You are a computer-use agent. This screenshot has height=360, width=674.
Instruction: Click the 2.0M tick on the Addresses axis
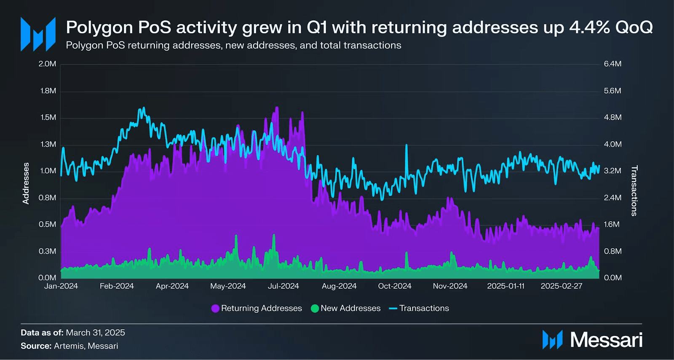point(47,64)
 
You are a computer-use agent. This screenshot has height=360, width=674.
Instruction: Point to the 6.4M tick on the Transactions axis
point(612,64)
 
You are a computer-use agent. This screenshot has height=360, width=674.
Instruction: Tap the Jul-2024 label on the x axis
point(283,286)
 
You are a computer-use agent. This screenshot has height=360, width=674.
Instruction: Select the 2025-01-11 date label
point(505,286)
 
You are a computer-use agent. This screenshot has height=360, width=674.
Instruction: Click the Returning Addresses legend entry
point(257,309)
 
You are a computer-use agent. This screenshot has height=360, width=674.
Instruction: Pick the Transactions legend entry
point(419,309)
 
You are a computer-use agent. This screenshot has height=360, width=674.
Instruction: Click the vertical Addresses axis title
point(26,183)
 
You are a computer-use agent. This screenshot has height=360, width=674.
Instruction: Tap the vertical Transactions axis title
point(634,191)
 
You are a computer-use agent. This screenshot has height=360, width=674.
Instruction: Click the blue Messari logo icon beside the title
point(38,34)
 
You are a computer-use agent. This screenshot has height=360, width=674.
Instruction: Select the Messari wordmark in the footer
point(606,340)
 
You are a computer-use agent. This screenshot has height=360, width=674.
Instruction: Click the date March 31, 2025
point(96,333)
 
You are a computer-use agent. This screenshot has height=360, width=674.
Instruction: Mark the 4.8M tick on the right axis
point(612,118)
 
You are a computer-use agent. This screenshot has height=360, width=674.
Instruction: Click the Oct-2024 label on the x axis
point(394,286)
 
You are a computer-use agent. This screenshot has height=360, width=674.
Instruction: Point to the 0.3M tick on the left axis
point(47,251)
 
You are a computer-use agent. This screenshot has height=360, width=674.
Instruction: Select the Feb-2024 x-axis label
point(117,286)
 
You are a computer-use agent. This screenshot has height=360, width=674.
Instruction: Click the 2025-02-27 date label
point(561,286)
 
